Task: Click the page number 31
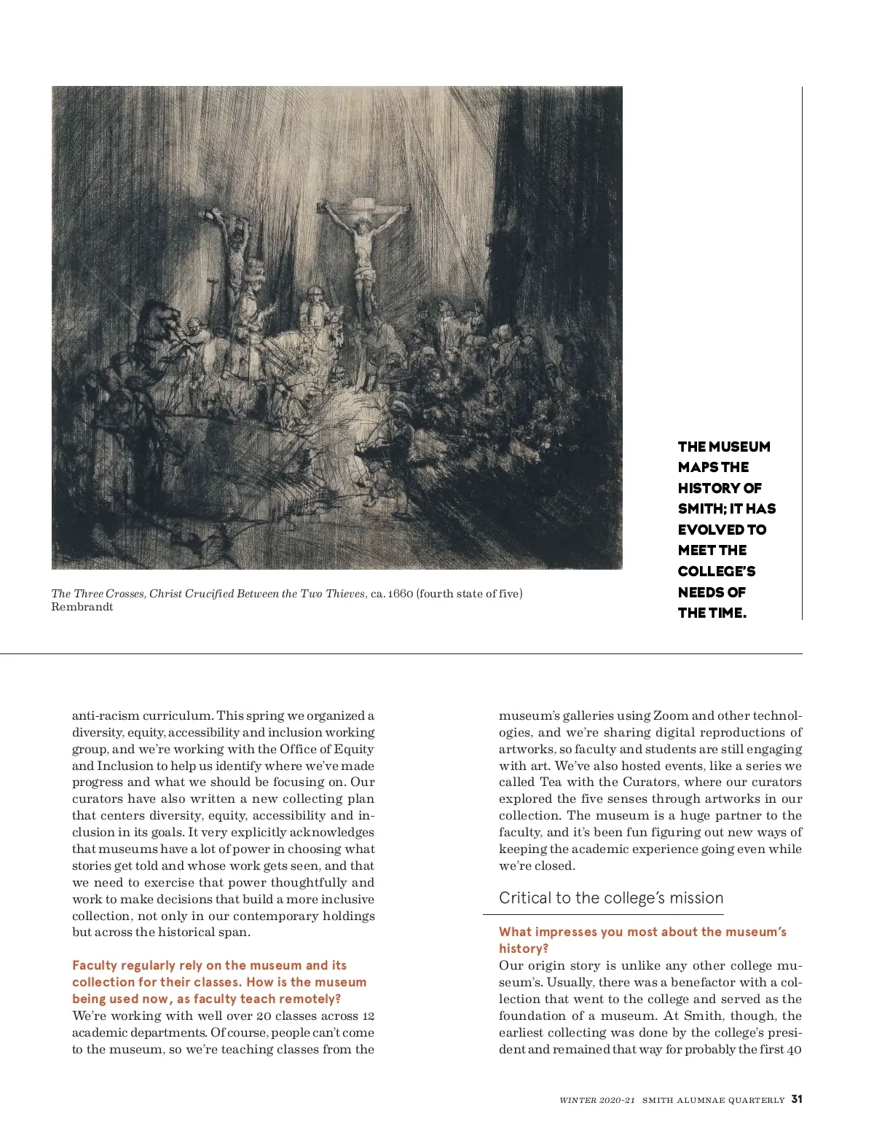point(797,1099)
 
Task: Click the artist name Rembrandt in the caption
point(82,608)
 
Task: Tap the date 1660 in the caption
point(400,594)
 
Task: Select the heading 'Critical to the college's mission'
point(611,898)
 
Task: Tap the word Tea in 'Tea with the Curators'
point(551,782)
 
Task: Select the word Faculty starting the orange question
point(95,966)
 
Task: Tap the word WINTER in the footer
point(578,1100)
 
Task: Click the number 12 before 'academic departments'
point(368,1016)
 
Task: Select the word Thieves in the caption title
point(345,594)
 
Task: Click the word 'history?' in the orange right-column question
point(524,949)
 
